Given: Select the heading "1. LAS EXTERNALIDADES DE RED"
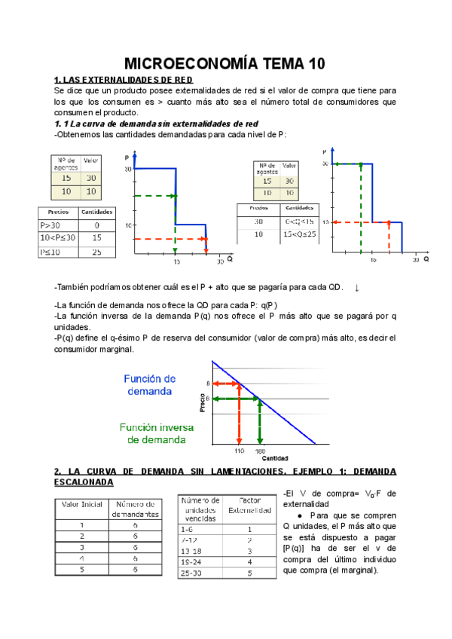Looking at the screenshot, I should (x=124, y=79).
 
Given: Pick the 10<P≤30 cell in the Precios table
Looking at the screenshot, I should (x=58, y=238).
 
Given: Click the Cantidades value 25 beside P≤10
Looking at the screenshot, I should (x=97, y=252).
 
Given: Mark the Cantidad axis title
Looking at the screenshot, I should (x=275, y=457).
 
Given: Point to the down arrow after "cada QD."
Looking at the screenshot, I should (x=356, y=288).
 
